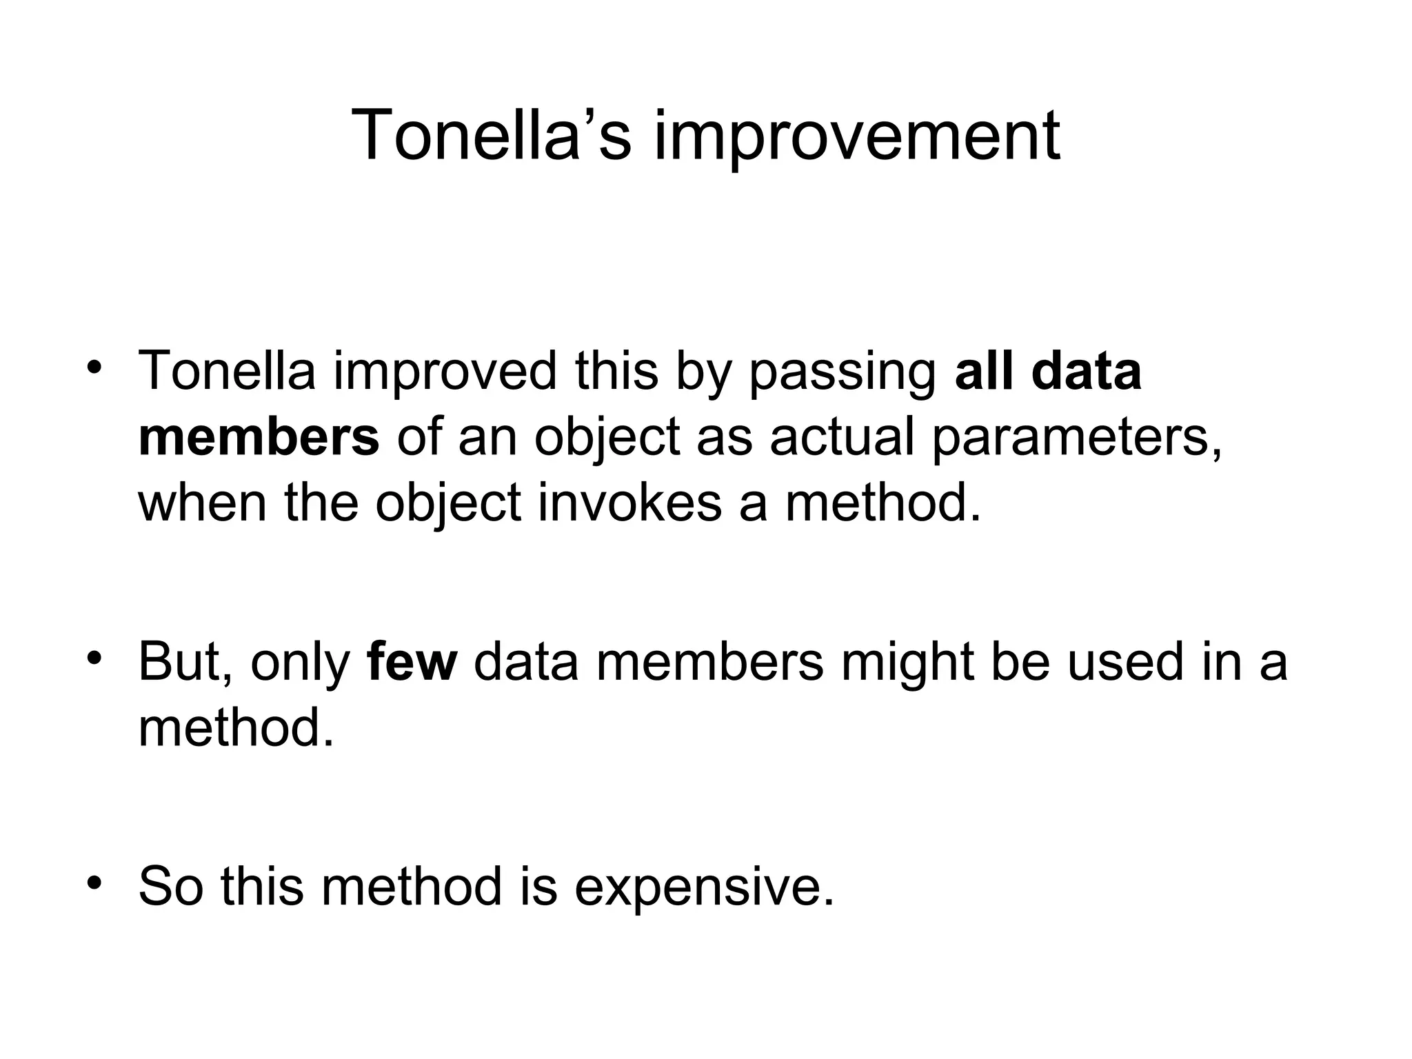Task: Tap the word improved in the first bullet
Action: point(445,371)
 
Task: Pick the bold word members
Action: point(259,436)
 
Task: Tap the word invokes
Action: point(630,502)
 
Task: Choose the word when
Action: point(202,502)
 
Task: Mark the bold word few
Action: point(412,661)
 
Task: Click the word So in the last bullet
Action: point(171,886)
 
